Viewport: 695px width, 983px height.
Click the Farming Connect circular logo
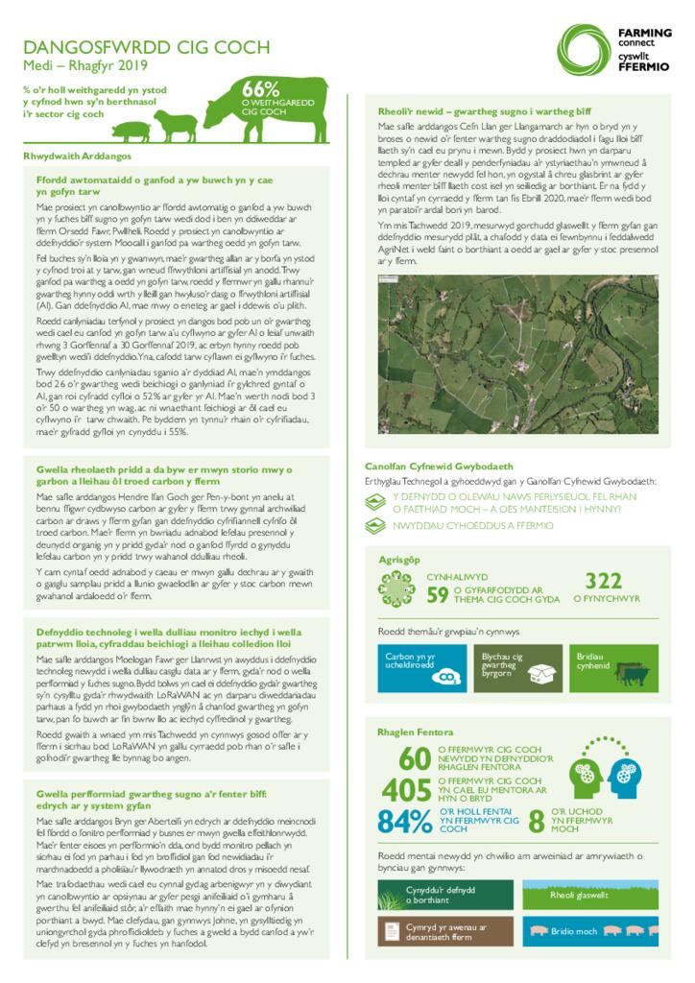point(588,49)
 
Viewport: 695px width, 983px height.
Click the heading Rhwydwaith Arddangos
point(77,156)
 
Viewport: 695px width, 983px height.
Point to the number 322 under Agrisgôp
point(604,582)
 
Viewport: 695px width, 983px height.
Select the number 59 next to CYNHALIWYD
point(438,595)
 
